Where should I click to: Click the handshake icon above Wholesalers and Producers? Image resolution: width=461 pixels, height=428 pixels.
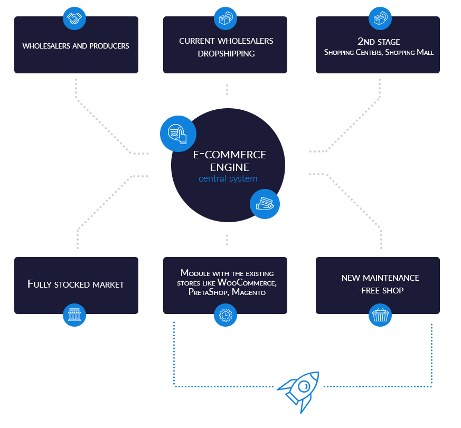pos(74,18)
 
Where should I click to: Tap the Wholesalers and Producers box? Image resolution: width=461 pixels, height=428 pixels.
pos(76,45)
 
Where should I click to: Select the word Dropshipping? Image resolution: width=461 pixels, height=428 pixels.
pos(226,53)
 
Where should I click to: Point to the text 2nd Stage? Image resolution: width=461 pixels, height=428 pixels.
pos(379,42)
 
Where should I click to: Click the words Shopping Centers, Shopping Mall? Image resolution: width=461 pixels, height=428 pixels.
pos(379,52)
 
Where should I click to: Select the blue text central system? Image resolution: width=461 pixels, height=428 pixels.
pos(228,178)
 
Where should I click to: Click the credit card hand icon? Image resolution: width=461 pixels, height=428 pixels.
pos(265,204)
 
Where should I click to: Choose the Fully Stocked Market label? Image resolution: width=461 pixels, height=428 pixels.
pos(76,284)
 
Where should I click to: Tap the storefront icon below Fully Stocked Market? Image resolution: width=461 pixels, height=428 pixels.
pos(74,315)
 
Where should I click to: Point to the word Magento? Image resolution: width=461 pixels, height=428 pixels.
pos(249,292)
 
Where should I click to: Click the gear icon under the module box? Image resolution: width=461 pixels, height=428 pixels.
pos(225,315)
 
